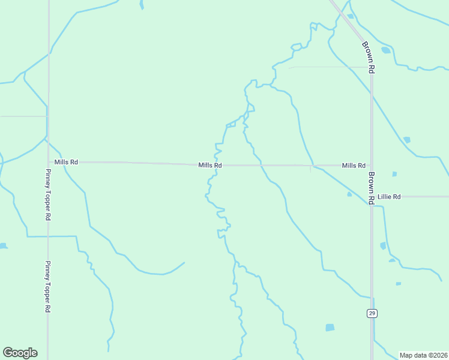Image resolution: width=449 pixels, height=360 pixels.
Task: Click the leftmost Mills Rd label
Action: (x=66, y=162)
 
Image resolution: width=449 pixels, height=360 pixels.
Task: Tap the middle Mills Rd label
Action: (x=210, y=165)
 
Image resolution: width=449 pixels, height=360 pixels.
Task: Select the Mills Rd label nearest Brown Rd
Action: (x=354, y=166)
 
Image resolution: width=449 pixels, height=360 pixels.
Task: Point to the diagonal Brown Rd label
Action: (x=369, y=57)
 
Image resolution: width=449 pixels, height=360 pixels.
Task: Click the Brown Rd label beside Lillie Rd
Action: (x=372, y=188)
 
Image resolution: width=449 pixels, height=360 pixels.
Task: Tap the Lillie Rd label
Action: (x=389, y=196)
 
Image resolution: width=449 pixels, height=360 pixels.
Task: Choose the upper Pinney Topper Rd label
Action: (x=48, y=194)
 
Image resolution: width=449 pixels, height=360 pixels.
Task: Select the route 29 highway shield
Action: (x=372, y=313)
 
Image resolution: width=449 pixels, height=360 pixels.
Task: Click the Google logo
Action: (x=20, y=353)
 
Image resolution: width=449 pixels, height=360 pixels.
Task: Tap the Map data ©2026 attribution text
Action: (x=423, y=355)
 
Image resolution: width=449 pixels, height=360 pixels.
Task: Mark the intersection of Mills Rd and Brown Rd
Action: (x=372, y=166)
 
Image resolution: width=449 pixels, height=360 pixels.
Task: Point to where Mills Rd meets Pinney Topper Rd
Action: (x=48, y=162)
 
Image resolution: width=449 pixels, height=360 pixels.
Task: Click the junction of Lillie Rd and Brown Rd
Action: (x=372, y=196)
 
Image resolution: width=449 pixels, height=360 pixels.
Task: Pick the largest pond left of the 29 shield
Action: (x=330, y=328)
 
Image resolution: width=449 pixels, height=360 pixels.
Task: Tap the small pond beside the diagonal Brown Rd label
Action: (x=385, y=50)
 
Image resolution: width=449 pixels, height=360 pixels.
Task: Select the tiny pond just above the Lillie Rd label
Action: (x=394, y=174)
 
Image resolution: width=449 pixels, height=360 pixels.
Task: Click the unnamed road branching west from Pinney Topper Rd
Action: (x=24, y=116)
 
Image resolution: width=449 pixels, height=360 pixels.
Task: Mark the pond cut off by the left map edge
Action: (x=2, y=246)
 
